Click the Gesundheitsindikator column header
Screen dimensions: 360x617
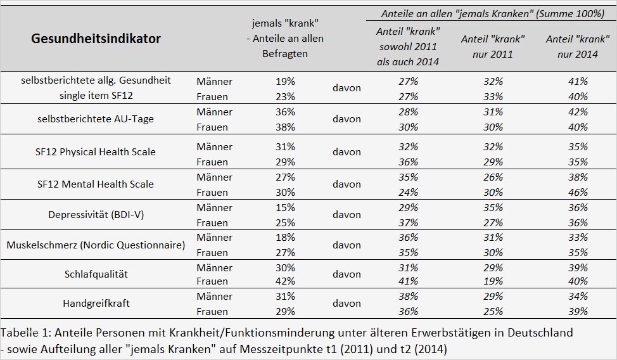(x=96, y=39)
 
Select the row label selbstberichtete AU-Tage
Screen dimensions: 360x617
(x=96, y=119)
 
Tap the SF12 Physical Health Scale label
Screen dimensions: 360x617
(x=96, y=152)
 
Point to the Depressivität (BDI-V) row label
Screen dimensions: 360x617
(x=96, y=215)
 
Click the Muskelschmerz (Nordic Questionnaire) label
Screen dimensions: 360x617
(x=96, y=245)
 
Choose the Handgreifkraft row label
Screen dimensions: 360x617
(x=96, y=304)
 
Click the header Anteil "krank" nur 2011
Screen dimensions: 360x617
(x=492, y=46)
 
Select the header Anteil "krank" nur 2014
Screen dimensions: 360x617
(x=576, y=46)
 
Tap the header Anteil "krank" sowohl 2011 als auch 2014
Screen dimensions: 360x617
(x=408, y=46)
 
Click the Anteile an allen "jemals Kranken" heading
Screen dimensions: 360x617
(x=492, y=13)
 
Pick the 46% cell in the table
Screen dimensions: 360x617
(x=577, y=193)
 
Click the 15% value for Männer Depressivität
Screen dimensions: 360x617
(x=285, y=208)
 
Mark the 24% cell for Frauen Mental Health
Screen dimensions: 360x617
(x=408, y=193)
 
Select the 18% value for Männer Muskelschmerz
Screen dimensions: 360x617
(x=285, y=238)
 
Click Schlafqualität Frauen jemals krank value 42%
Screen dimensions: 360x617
(x=285, y=281)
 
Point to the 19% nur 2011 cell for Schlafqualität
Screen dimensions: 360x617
(x=492, y=281)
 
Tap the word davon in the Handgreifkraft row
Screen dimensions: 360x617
(x=347, y=304)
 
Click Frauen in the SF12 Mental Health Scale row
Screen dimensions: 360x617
(x=212, y=193)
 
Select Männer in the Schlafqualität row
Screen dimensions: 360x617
(x=214, y=268)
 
